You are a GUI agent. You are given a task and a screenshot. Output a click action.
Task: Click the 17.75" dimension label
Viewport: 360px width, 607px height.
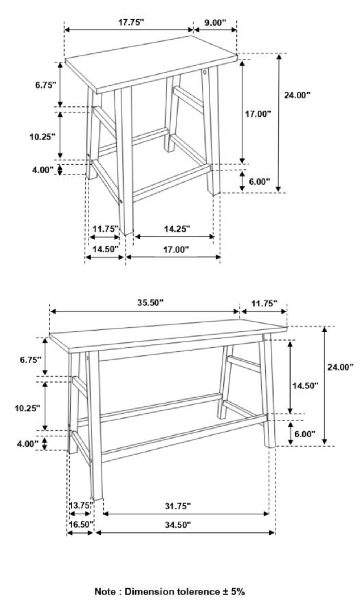click(131, 22)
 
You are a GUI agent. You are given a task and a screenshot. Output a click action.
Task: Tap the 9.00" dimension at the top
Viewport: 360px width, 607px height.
click(215, 23)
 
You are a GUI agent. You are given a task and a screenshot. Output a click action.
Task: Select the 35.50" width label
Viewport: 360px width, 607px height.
click(150, 303)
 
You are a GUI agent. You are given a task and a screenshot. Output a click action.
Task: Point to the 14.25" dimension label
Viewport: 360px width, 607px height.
click(177, 229)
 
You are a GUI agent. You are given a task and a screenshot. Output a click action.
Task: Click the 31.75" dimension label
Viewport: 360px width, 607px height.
click(178, 506)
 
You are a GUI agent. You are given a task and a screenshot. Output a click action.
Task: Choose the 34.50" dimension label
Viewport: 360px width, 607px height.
click(178, 525)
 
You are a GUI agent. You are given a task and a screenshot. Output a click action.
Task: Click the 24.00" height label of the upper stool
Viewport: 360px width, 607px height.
click(297, 95)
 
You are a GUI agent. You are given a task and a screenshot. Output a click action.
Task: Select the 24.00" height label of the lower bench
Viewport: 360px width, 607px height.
click(340, 367)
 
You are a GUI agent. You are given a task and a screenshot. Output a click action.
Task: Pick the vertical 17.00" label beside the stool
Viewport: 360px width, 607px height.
click(258, 114)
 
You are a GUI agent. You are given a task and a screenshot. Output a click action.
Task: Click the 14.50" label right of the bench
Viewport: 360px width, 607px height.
click(305, 386)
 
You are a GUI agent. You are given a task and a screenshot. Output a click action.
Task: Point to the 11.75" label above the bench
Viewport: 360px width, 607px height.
click(264, 303)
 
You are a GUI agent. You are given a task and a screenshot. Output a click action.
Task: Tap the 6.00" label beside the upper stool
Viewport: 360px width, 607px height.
click(259, 182)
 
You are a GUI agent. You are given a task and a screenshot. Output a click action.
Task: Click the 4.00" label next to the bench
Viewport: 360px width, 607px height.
click(27, 444)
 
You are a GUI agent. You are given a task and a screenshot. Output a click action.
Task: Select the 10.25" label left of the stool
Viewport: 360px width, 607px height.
click(42, 137)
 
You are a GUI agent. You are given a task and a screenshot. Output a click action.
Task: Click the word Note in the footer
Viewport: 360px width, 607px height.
click(105, 592)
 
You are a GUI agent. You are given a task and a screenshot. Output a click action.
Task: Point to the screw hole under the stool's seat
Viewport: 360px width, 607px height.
click(204, 72)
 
